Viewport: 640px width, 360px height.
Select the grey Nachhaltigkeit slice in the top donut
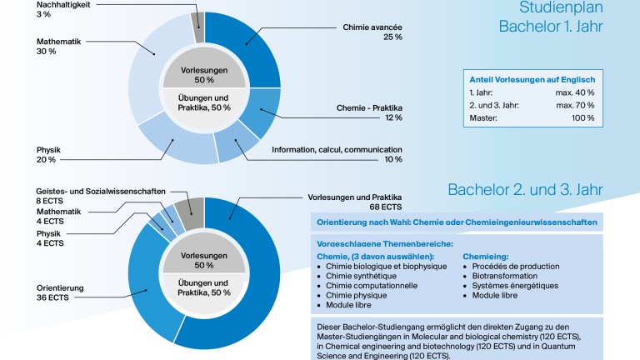coord(198,27)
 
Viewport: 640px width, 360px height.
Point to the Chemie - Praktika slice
coord(261,111)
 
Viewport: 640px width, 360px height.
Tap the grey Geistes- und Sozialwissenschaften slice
coord(190,212)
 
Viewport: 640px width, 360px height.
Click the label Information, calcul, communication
coord(337,150)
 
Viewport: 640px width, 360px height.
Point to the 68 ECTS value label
coord(385,207)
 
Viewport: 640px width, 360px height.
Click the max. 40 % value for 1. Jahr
coord(575,92)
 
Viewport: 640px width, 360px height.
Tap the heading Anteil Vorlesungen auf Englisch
coord(532,80)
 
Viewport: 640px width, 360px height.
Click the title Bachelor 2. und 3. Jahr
coord(525,190)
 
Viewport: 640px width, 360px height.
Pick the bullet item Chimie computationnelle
coord(372,286)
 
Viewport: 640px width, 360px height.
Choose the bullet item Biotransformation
coord(505,276)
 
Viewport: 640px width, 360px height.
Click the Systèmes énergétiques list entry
coord(515,286)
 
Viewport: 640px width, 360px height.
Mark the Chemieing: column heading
coord(486,257)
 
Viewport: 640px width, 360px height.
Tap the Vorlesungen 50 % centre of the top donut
coord(204,75)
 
